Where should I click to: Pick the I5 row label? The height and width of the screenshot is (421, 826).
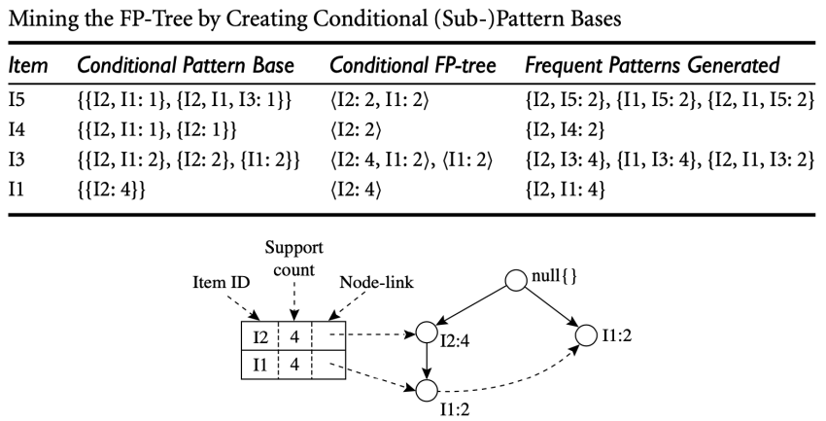coord(17,99)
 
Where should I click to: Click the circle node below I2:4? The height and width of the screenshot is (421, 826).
coord(424,392)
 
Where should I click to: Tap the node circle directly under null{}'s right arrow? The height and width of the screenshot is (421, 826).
coord(585,334)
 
